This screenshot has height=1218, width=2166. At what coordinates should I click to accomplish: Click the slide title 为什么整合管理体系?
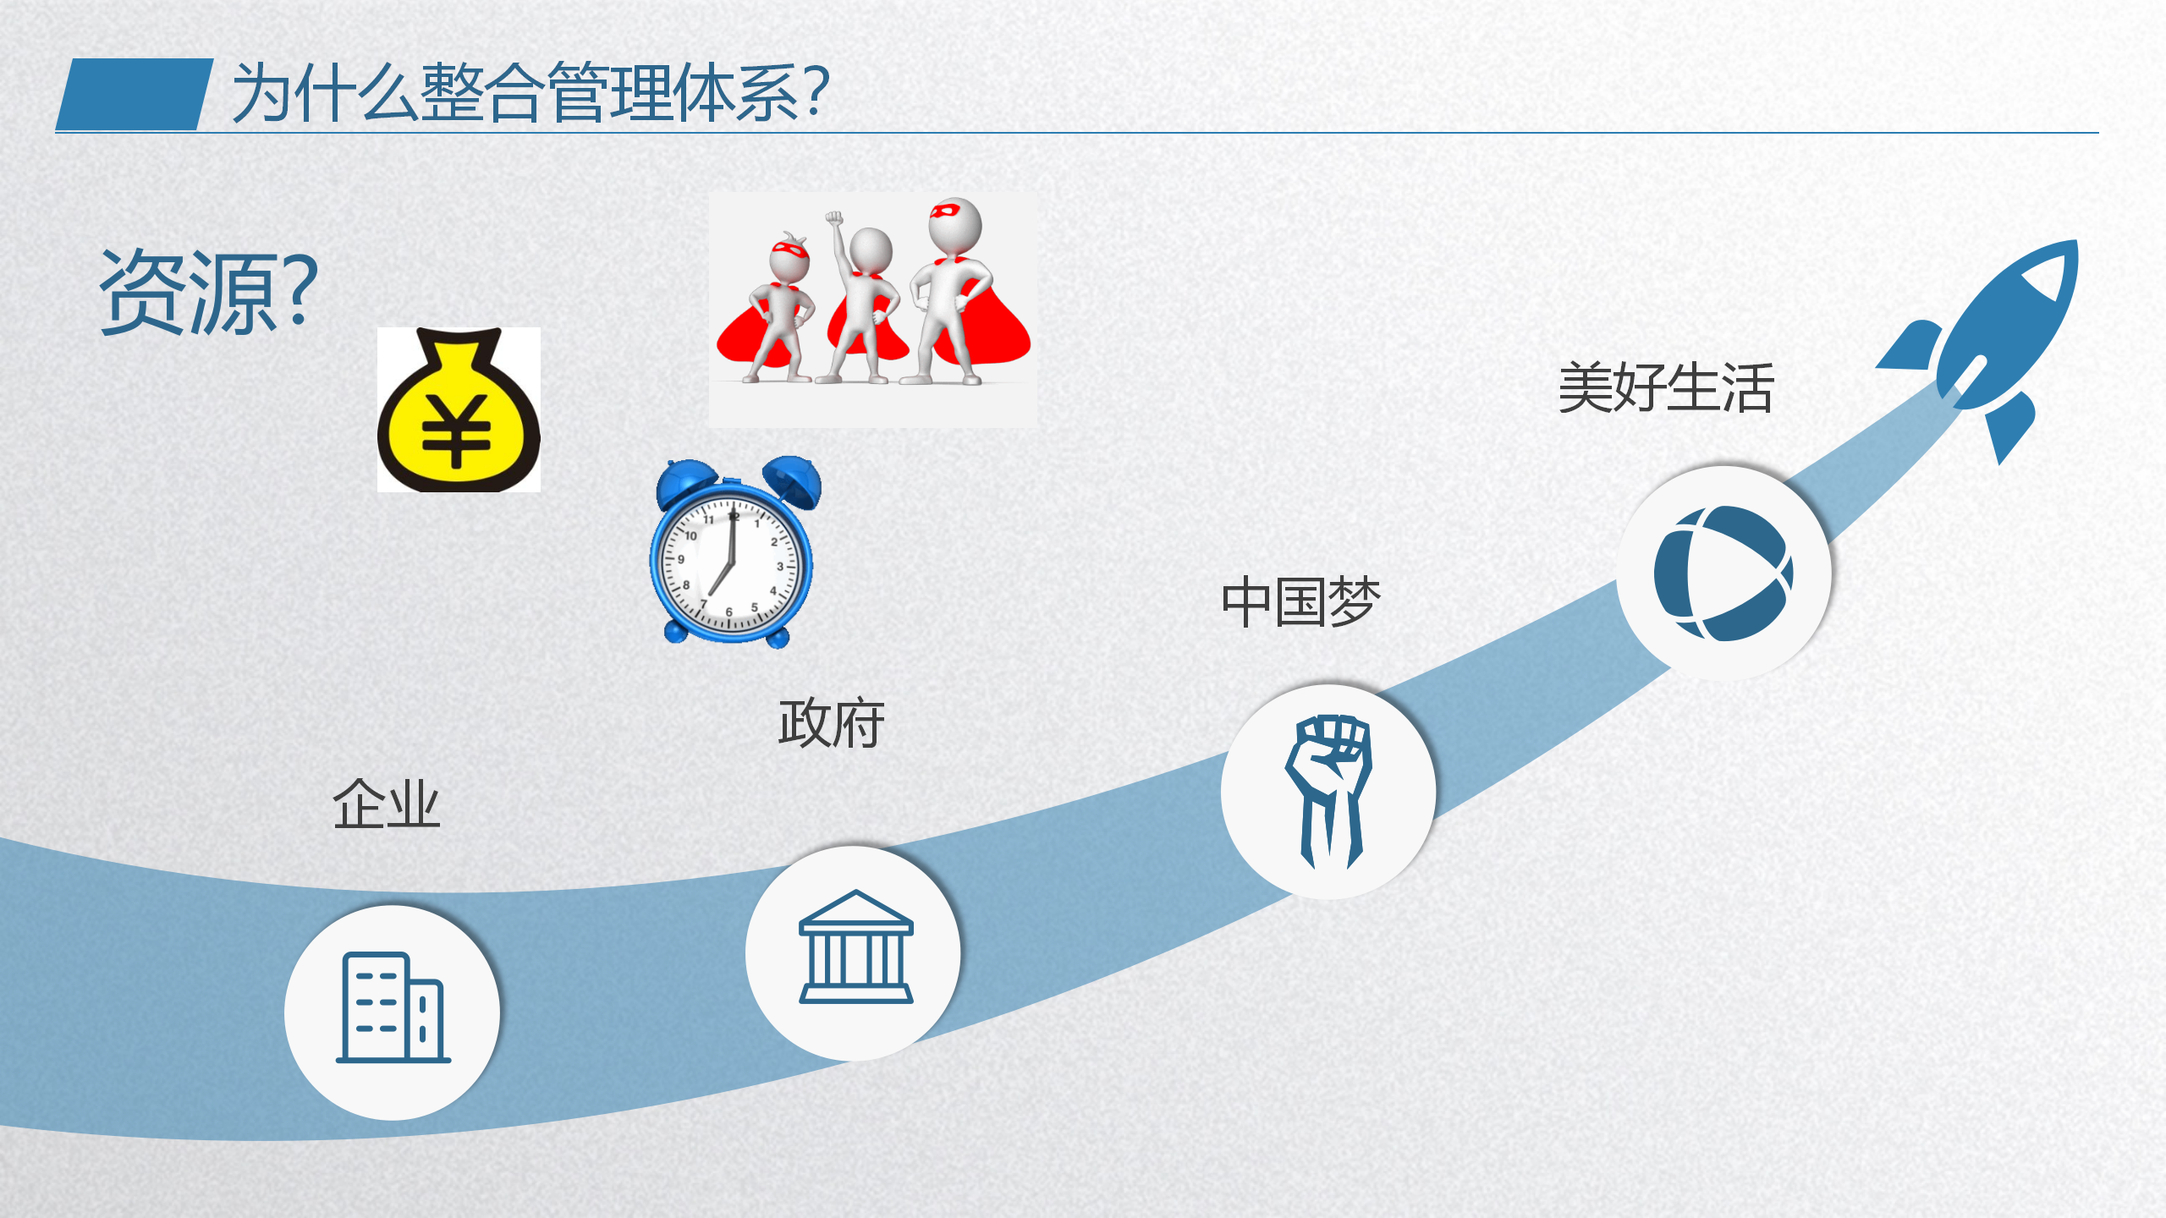point(531,92)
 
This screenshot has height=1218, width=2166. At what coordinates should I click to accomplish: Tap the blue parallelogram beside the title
point(135,94)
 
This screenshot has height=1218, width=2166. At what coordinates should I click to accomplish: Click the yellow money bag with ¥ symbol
point(459,409)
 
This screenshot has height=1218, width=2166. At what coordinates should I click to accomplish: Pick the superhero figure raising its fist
point(863,296)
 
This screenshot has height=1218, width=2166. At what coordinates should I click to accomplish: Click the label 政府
point(832,723)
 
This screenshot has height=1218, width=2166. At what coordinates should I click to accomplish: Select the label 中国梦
point(1300,602)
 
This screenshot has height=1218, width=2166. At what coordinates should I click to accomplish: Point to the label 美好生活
point(1666,388)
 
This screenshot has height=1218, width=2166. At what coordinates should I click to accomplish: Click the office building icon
point(393,1007)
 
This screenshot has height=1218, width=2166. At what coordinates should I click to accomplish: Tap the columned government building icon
point(855,946)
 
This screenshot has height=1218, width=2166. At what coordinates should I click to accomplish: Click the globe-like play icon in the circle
point(1723,573)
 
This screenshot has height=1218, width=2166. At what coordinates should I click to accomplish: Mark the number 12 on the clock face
point(734,516)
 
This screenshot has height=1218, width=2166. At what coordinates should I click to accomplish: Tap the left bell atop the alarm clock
point(688,481)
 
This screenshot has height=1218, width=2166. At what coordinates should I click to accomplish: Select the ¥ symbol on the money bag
point(456,431)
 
